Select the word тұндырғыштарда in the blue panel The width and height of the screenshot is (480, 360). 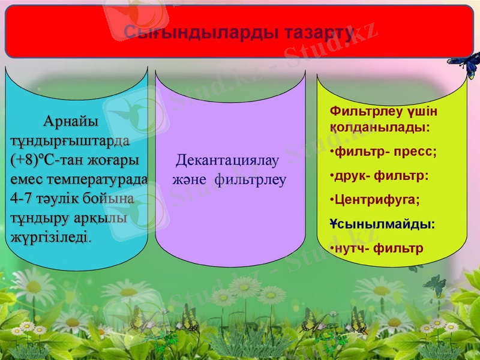coord(69,141)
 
